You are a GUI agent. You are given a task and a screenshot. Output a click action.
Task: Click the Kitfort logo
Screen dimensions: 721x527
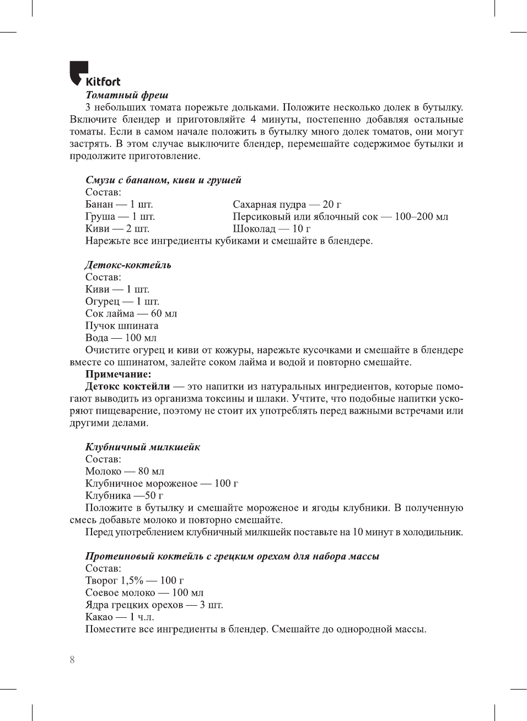pyautogui.click(x=94, y=74)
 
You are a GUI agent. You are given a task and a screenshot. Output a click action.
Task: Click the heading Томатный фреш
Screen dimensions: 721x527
pyautogui.click(x=127, y=95)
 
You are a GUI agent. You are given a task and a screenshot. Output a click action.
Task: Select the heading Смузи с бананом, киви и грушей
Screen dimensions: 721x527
pyautogui.click(x=163, y=180)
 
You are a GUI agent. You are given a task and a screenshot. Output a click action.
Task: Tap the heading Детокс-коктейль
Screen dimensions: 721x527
pyautogui.click(x=128, y=265)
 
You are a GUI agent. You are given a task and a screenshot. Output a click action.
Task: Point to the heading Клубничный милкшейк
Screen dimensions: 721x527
pyautogui.click(x=142, y=447)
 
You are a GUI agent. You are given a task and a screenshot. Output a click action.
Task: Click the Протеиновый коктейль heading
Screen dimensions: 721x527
pyautogui.click(x=232, y=556)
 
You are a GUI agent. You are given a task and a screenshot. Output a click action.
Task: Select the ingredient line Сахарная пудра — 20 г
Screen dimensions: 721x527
pyautogui.click(x=287, y=204)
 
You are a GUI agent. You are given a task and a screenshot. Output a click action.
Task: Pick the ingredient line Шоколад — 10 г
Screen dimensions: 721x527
pyautogui.click(x=271, y=228)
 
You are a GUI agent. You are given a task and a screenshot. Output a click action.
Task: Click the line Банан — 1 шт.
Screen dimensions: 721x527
pyautogui.click(x=119, y=204)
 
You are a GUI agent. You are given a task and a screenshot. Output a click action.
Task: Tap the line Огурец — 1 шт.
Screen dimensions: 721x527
pyautogui.click(x=122, y=301)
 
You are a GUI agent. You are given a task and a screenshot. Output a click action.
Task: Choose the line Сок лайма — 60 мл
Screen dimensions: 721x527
pyautogui.click(x=131, y=313)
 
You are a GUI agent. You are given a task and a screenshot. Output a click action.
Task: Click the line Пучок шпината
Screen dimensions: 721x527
pyautogui.click(x=121, y=325)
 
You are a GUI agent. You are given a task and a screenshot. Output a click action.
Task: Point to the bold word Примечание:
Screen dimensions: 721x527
pyautogui.click(x=118, y=374)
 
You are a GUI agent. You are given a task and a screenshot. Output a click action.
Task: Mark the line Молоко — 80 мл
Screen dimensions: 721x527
pyautogui.click(x=125, y=471)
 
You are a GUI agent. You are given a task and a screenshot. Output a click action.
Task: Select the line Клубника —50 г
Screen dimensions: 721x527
pyautogui.click(x=124, y=495)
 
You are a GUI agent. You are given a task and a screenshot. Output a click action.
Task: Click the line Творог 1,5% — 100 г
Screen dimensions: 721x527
pyautogui.click(x=135, y=580)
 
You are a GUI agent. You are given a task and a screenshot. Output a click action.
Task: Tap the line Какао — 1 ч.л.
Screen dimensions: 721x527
pyautogui.click(x=120, y=617)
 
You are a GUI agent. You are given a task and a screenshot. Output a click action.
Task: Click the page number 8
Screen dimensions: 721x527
pyautogui.click(x=72, y=660)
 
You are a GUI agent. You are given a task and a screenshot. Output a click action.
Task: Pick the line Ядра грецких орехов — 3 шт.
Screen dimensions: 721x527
pyautogui.click(x=154, y=605)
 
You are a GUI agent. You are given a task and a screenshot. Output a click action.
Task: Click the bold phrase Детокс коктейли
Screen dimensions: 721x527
pyautogui.click(x=127, y=386)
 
